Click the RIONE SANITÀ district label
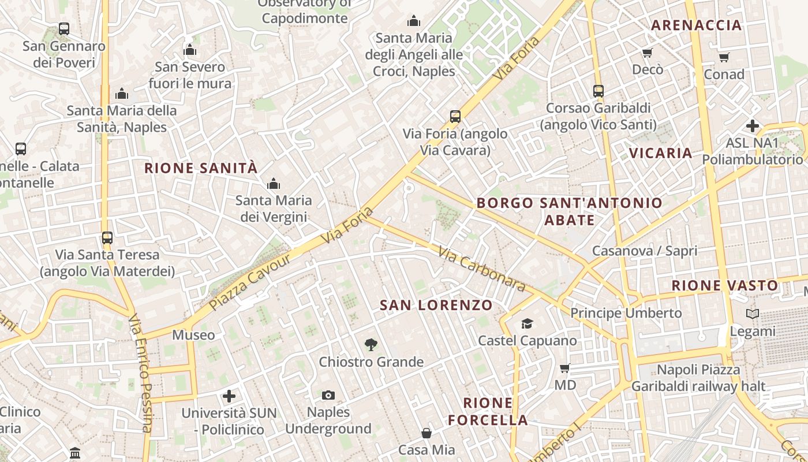[200, 168]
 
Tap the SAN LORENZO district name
[436, 305]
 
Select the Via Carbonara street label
[481, 269]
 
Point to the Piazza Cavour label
[250, 282]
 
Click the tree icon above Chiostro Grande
[371, 345]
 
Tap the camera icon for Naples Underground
[328, 395]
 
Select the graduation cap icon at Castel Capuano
[527, 323]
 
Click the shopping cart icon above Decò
[647, 53]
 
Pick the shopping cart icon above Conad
[724, 57]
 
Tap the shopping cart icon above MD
[565, 368]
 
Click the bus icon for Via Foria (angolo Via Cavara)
[455, 117]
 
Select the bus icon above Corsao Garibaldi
[598, 91]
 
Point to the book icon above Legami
[753, 314]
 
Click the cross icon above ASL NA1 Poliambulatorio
[753, 125]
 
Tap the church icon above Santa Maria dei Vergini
[274, 184]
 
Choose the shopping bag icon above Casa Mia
[427, 433]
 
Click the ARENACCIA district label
[696, 25]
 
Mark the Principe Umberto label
[626, 313]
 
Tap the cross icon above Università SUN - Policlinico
[229, 396]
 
